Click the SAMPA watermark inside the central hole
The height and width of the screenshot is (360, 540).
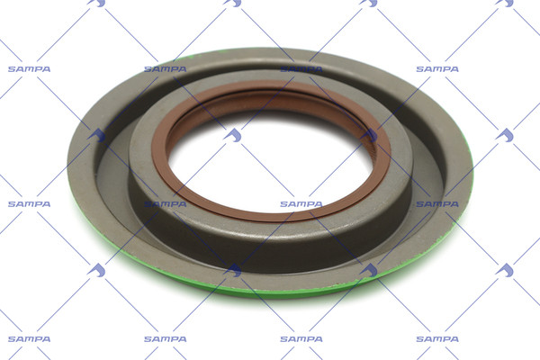[x=301, y=204]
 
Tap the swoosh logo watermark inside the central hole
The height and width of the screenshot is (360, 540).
[x=233, y=135]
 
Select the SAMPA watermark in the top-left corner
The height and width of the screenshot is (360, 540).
[x=29, y=69]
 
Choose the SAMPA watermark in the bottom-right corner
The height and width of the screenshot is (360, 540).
[x=437, y=339]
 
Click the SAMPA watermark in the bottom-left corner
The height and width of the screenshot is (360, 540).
[x=29, y=339]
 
